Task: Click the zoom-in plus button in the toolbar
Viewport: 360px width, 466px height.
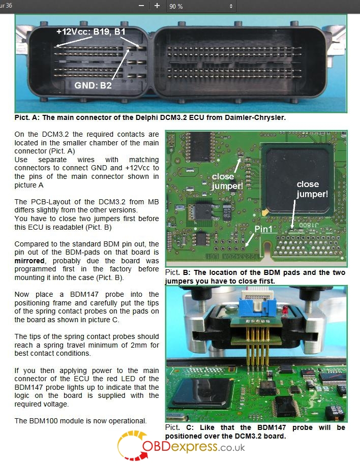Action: (157, 6)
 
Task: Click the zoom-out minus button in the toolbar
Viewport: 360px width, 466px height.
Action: (141, 6)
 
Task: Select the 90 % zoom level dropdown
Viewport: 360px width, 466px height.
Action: (201, 6)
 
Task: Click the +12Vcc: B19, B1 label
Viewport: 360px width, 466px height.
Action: (91, 32)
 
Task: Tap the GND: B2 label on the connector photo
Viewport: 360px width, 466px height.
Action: (93, 85)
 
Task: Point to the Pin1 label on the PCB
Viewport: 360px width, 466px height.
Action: (263, 229)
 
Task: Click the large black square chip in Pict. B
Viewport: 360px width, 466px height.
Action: (298, 179)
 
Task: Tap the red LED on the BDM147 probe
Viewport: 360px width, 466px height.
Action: (285, 310)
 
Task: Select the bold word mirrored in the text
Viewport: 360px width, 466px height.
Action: (29, 261)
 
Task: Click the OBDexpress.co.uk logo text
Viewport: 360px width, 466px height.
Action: (194, 447)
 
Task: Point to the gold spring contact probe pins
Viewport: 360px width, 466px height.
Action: (258, 349)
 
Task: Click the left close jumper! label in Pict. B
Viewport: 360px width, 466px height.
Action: (227, 181)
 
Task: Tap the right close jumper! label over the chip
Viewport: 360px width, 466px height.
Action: (312, 189)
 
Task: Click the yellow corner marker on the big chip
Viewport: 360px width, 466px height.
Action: (265, 212)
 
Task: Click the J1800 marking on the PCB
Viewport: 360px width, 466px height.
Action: (309, 225)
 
